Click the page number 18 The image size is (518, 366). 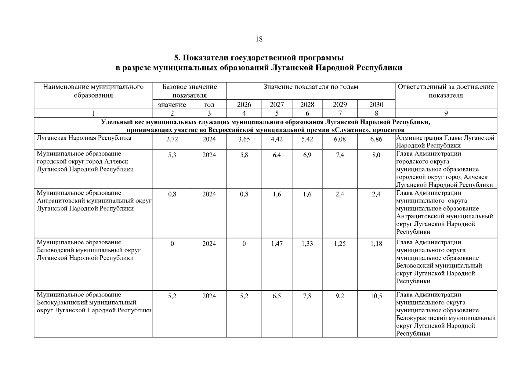(x=259, y=39)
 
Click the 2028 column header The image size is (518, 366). (x=307, y=105)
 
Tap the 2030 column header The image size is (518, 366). (x=376, y=105)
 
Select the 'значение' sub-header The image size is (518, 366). (x=172, y=105)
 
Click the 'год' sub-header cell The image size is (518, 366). (x=209, y=105)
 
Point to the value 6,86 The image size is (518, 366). (x=376, y=139)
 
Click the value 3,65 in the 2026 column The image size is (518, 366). (x=244, y=139)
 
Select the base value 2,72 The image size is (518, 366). (x=172, y=139)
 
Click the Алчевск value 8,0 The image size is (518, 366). (x=376, y=155)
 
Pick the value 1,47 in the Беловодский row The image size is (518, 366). (x=277, y=243)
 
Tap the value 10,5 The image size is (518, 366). (x=376, y=296)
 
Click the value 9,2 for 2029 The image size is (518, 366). (x=340, y=296)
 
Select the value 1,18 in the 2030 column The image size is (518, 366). (x=376, y=243)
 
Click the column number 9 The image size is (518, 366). (x=446, y=113)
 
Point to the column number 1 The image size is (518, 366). (x=93, y=113)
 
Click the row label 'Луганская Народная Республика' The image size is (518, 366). (x=84, y=138)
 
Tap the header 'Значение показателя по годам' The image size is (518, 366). (x=311, y=87)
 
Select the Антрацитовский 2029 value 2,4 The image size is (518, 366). (x=340, y=194)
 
